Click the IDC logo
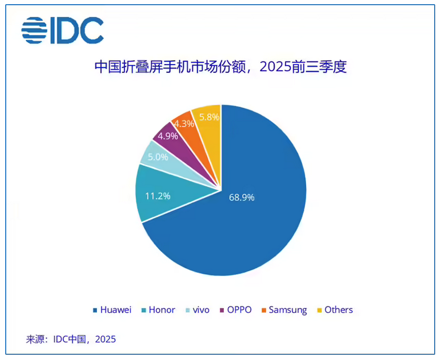tap(62, 30)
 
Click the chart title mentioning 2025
tap(220, 67)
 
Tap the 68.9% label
tap(242, 197)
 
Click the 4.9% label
tap(168, 135)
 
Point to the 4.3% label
tap(184, 124)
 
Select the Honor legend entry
tap(157, 310)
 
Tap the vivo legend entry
tap(197, 310)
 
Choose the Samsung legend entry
tap(284, 310)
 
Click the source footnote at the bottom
tap(71, 339)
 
